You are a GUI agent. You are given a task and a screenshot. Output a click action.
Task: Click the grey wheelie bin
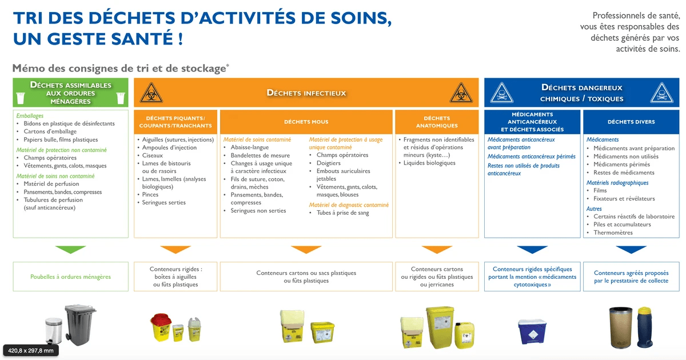pos(80,325)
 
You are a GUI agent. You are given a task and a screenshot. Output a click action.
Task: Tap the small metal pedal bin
pos(54,331)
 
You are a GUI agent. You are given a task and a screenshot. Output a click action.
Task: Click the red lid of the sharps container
pos(161,319)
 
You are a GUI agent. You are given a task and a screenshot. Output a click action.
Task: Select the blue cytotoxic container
pos(532,331)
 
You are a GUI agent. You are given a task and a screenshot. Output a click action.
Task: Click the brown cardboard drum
pos(621,327)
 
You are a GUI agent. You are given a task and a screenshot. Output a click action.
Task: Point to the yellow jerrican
pos(465,335)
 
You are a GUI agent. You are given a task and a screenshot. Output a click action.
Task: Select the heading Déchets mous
pos(306,122)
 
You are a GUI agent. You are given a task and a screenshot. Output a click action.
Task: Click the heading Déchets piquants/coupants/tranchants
pos(176,122)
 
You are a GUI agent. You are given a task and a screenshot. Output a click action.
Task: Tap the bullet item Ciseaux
pos(152,155)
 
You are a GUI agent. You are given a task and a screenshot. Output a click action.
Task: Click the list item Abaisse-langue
pos(250,147)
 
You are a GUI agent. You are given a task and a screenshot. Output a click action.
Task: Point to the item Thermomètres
pos(613,233)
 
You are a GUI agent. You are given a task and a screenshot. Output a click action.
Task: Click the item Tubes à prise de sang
pos(342,213)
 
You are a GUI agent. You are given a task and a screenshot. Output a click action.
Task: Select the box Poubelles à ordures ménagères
pos(70,277)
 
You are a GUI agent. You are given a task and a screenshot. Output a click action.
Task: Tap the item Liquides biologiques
pos(429,163)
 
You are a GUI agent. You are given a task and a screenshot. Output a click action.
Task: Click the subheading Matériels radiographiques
pos(617,183)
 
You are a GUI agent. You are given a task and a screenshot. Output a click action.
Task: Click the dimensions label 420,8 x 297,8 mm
pos(31,350)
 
